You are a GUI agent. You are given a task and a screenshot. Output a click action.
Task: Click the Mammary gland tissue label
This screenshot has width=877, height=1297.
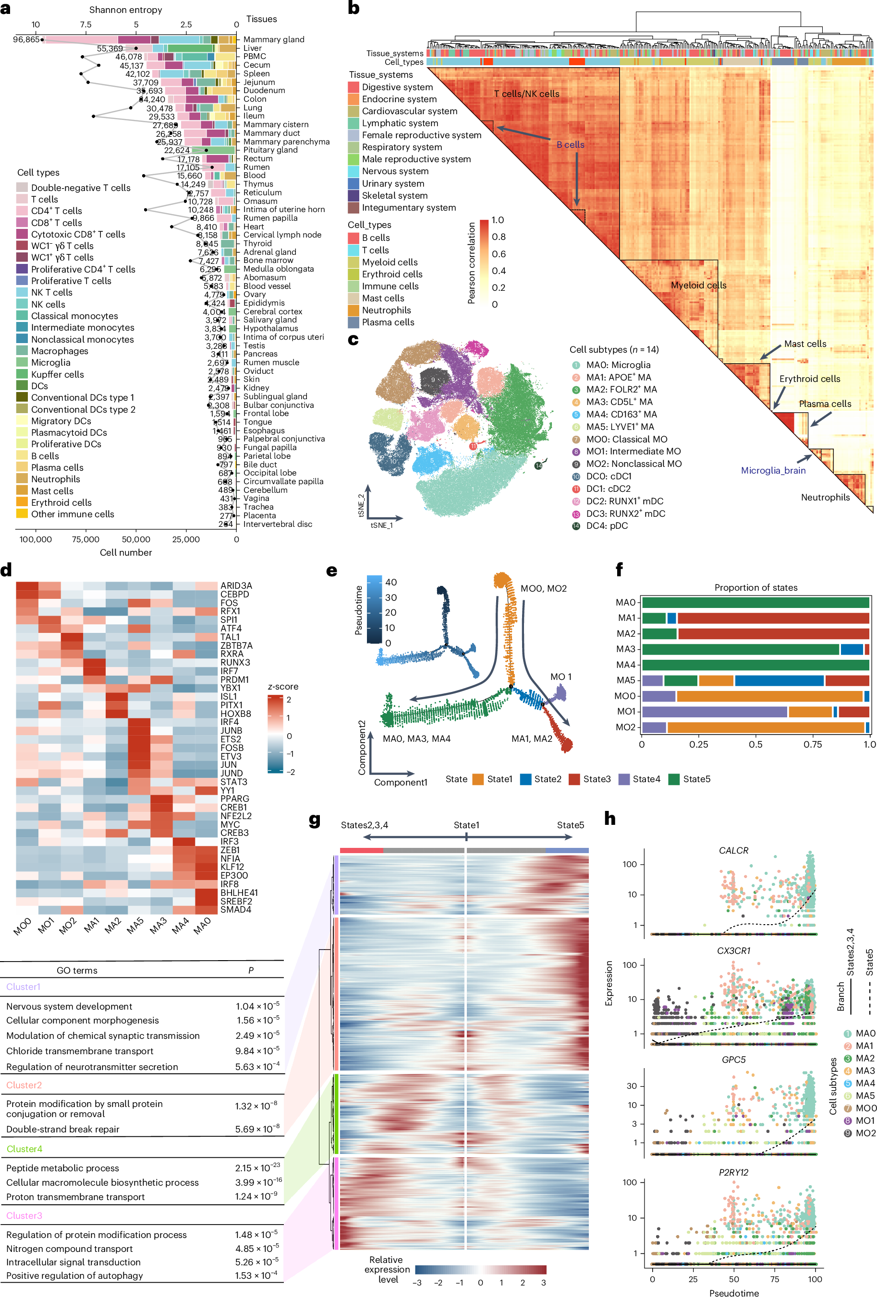coord(274,40)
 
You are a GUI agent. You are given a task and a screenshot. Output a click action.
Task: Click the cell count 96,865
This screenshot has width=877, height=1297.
coord(26,40)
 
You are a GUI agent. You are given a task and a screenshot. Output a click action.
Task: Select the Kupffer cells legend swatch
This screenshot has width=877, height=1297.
coord(22,374)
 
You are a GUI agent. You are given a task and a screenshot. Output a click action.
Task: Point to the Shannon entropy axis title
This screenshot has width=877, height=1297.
coord(126,10)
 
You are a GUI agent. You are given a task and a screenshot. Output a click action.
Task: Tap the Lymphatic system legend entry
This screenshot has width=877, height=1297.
coord(400,123)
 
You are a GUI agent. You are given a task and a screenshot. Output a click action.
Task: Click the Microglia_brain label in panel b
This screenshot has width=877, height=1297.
coord(773,470)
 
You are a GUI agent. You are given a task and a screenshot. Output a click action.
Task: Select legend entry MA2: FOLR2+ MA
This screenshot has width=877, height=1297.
coord(621,390)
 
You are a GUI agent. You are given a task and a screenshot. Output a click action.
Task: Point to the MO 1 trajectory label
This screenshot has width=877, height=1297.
coord(560,677)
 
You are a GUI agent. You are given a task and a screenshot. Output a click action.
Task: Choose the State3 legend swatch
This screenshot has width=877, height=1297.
coord(574,779)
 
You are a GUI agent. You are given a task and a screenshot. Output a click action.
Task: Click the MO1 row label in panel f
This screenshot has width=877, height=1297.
coord(626,712)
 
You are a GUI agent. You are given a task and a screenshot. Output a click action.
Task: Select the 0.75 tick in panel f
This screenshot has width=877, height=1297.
coord(812,744)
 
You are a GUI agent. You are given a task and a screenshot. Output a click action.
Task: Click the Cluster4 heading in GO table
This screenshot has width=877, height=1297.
coord(24,1149)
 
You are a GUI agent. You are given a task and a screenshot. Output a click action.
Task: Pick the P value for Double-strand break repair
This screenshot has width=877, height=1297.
coord(257,1129)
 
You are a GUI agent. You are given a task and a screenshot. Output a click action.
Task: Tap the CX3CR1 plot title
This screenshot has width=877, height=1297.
coord(733,951)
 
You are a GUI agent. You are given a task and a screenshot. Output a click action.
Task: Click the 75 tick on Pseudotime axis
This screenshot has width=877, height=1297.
coord(774,1279)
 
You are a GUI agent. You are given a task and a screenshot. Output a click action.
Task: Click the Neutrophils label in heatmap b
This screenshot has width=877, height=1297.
coord(825,497)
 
